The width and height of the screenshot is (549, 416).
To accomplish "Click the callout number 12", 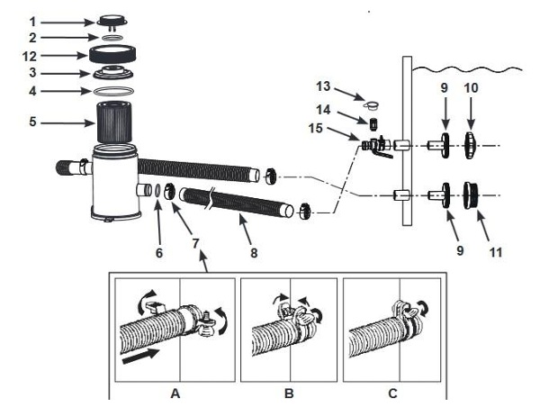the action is (x=30, y=56).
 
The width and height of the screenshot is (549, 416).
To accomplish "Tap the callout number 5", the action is (x=32, y=122).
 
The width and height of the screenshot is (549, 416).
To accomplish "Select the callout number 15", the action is (x=315, y=128).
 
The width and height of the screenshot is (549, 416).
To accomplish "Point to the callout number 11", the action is (x=495, y=252).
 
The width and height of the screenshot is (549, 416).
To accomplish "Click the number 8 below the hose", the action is (x=254, y=252).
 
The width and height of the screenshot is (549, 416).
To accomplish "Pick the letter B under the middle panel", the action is (x=289, y=393).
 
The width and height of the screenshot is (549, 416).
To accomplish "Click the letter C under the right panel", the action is (x=392, y=393).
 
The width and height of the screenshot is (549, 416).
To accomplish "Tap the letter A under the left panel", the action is (x=175, y=393).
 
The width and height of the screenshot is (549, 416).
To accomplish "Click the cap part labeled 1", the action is (x=112, y=22).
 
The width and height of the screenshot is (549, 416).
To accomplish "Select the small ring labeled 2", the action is (x=112, y=38).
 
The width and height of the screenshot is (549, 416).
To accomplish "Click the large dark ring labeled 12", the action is (x=112, y=54).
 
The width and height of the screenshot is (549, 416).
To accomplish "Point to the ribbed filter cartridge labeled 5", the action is (x=113, y=122).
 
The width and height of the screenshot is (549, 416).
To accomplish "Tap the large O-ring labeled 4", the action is (x=113, y=92).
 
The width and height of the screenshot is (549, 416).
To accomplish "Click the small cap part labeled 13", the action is (x=372, y=104).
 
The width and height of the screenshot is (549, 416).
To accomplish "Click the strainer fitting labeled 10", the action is (x=471, y=145).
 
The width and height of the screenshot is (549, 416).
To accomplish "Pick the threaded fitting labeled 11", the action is (x=472, y=195).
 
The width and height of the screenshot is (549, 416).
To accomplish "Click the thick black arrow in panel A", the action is (x=140, y=357).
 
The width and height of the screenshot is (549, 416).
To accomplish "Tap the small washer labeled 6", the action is (x=157, y=190).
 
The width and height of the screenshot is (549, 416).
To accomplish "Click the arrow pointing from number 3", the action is (x=67, y=74).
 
